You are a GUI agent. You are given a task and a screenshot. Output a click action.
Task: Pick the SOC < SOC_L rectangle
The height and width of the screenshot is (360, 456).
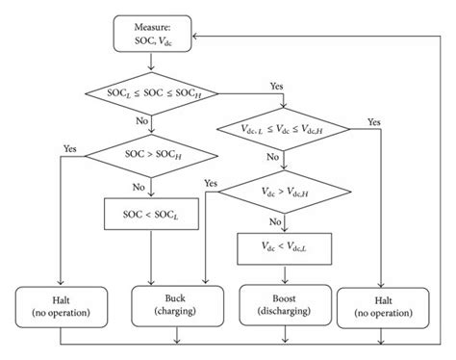pyautogui.click(x=149, y=212)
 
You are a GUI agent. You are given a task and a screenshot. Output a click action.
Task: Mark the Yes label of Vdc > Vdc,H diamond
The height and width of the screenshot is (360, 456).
pyautogui.click(x=211, y=183)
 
